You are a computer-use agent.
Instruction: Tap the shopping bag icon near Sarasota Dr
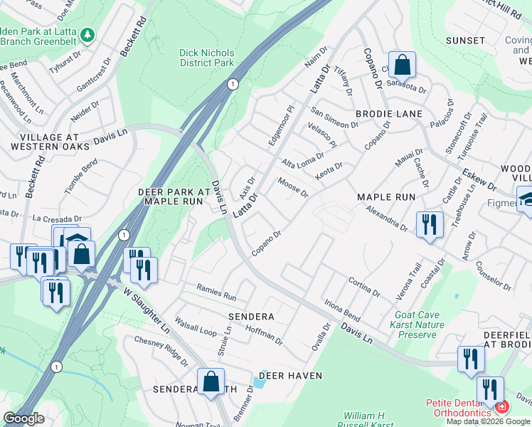pos(402,65)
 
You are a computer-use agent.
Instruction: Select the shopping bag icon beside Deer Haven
pos(211,381)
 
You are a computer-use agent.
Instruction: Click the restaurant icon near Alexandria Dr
pos(430,225)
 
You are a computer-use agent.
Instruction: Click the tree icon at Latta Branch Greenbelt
pos(87,34)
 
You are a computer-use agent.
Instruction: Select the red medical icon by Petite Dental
pos(502,408)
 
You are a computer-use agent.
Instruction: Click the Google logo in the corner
pos(23,418)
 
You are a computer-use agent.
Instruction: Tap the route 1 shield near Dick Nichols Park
pos(232,84)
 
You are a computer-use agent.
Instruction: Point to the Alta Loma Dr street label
pos(303,159)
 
